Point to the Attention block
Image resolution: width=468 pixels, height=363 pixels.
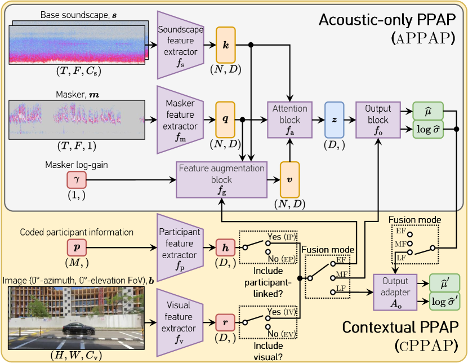(289, 119)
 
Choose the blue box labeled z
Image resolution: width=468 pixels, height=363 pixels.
(335, 119)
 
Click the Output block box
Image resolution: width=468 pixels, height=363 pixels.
(377, 119)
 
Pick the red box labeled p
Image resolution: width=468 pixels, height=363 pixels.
(77, 247)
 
